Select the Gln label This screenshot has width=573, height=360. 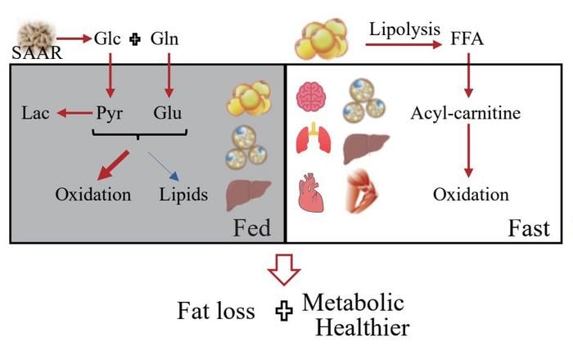point(166,39)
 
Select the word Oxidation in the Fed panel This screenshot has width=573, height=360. point(93,196)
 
